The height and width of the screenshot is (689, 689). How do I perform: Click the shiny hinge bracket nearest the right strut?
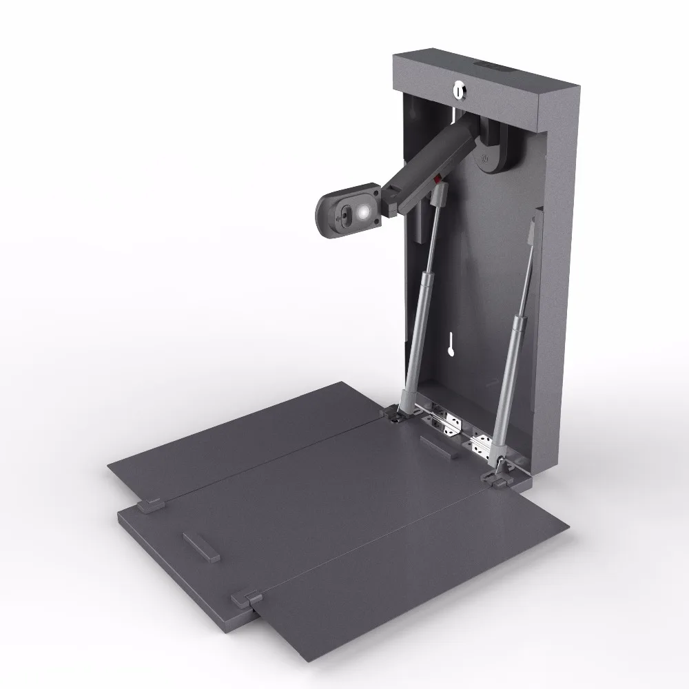pos(483,444)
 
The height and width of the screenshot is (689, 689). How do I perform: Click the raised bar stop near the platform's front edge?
pos(200,546)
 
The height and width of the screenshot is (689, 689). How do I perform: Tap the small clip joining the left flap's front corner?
pos(150,505)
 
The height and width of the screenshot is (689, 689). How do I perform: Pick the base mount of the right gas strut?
pos(500,475)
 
